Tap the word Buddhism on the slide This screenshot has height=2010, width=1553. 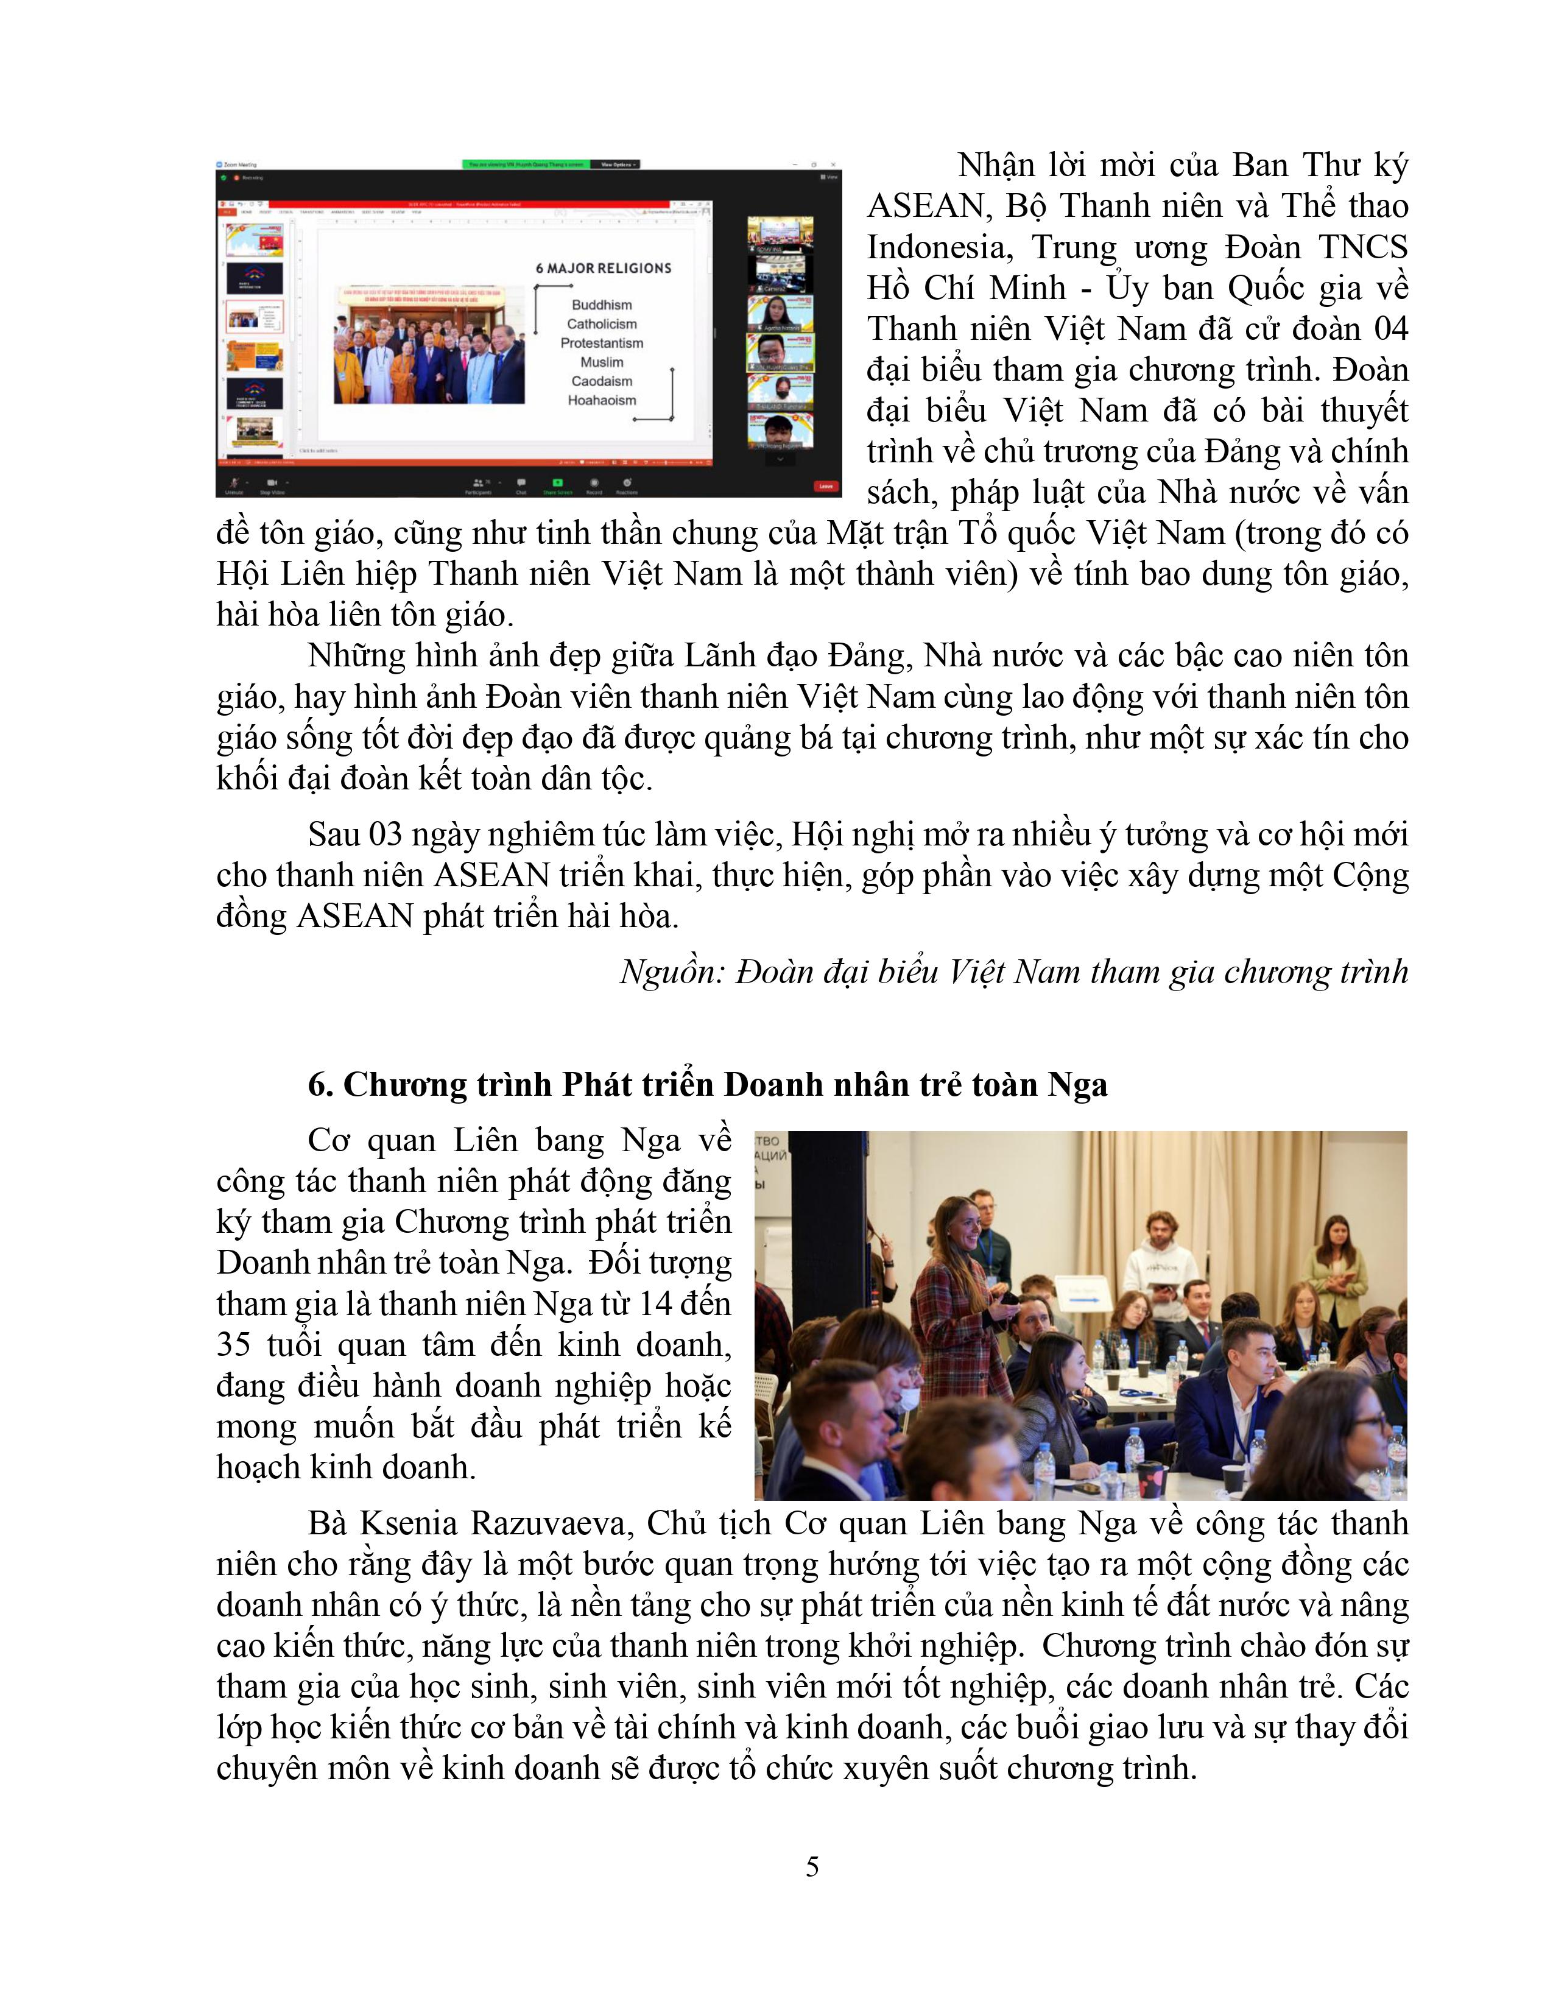(x=602, y=305)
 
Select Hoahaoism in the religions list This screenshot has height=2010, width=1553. (x=602, y=400)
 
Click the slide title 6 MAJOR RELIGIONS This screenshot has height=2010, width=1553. (x=604, y=268)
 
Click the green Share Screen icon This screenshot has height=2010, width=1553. (x=557, y=483)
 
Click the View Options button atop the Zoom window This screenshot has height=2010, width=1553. (x=615, y=164)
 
